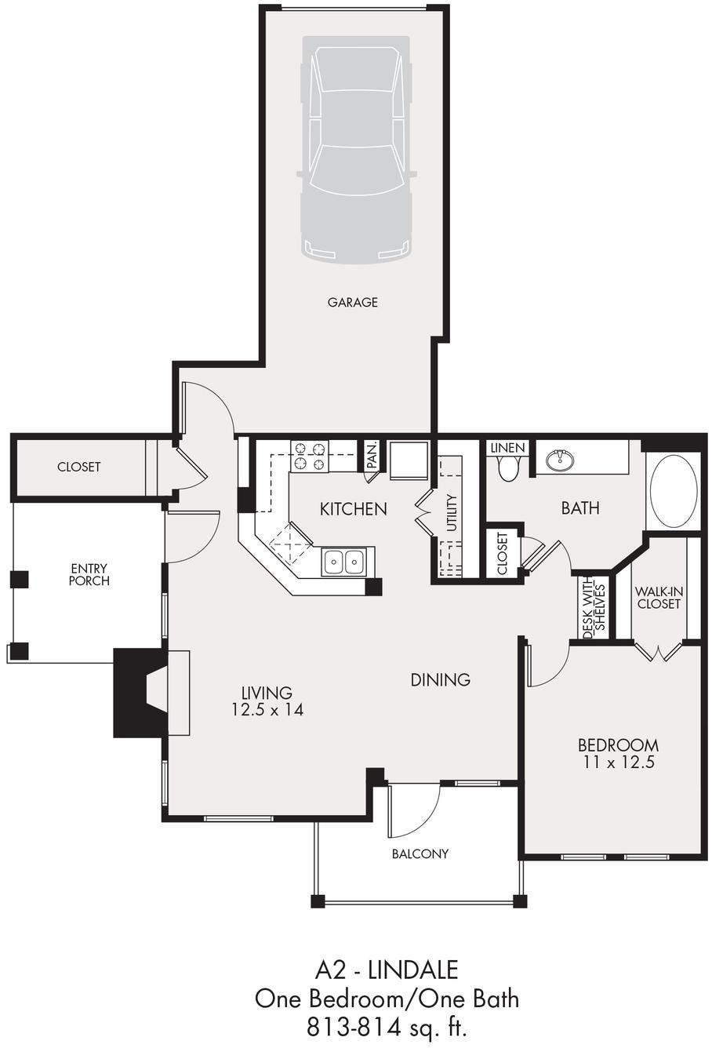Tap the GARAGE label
click(x=352, y=302)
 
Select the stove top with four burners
click(x=309, y=457)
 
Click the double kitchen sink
click(x=345, y=561)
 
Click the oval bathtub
click(x=674, y=492)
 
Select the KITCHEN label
click(x=353, y=509)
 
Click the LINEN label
click(x=507, y=448)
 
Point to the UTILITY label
click(x=452, y=513)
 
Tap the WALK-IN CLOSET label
click(x=658, y=598)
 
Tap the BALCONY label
click(x=420, y=853)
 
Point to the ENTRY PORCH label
click(x=89, y=574)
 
